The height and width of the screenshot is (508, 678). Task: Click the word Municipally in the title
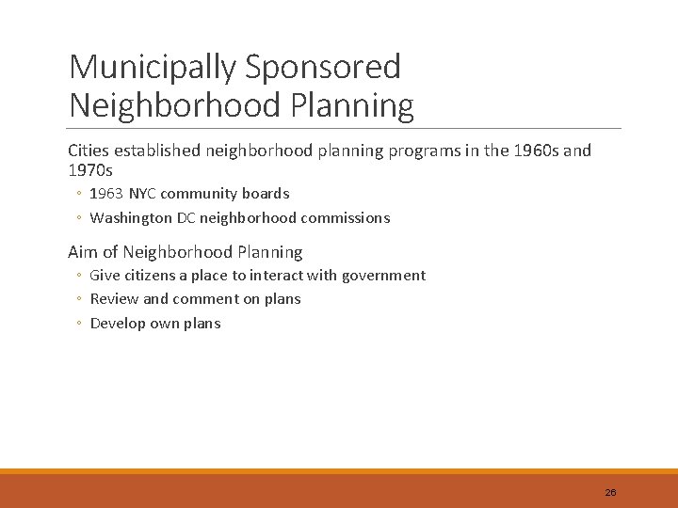point(152,67)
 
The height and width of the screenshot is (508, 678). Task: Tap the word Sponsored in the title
point(322,67)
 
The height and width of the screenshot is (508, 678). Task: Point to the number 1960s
point(533,151)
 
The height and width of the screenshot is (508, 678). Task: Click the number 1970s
point(90,170)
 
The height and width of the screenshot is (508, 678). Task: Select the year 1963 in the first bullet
point(106,194)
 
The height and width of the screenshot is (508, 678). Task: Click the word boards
point(266,194)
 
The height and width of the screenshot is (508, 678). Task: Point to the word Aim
point(83,252)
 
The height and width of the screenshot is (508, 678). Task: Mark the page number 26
point(610,493)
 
